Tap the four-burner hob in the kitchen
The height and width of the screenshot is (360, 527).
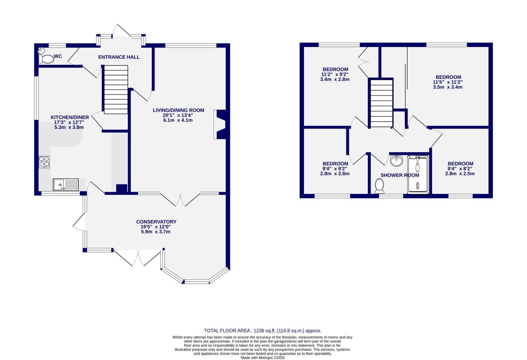click(44, 162)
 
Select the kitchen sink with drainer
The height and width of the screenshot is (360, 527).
click(66, 184)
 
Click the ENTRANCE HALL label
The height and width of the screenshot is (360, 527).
click(119, 57)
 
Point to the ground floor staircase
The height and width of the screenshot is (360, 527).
click(116, 89)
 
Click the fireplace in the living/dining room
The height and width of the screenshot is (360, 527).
click(221, 124)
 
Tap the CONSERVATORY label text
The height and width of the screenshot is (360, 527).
click(156, 222)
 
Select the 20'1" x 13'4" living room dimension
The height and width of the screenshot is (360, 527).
click(178, 115)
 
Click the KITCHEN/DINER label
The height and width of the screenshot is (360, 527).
click(70, 117)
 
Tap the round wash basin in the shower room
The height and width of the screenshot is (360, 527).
click(397, 161)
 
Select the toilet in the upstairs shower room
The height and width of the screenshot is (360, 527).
click(379, 186)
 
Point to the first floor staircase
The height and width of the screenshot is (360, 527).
click(381, 103)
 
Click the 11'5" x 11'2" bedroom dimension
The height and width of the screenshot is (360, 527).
click(448, 82)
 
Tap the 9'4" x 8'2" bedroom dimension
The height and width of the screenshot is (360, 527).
click(460, 169)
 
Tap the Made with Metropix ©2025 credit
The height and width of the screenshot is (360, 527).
click(263, 358)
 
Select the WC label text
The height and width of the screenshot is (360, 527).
click(58, 56)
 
